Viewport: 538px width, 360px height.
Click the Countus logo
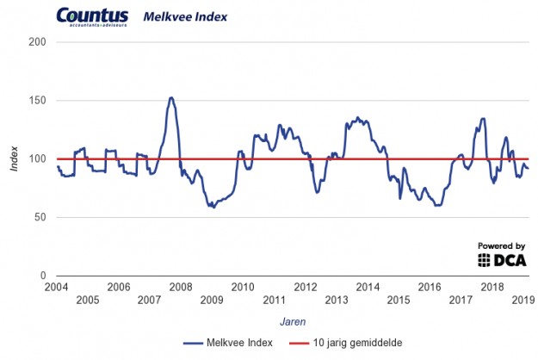coord(91,17)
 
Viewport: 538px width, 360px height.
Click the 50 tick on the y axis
coord(39,217)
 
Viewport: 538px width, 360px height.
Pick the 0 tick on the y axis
coord(42,276)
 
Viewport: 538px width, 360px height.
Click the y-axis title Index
coord(14,158)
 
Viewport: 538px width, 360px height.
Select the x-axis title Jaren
coord(292,320)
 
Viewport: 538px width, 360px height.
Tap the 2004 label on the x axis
coord(56,287)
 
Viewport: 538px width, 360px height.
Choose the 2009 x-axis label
coord(211,300)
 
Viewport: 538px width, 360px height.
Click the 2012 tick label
coord(305,287)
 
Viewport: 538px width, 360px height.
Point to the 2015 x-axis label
coord(398,300)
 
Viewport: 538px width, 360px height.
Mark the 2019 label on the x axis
coord(523,300)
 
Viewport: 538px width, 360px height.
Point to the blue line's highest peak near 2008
coord(170,97)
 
